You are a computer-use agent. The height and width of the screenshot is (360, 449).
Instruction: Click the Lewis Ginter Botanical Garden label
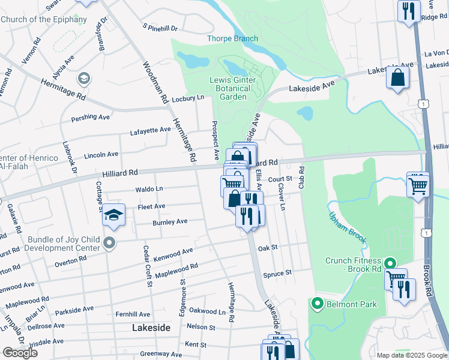(x=233, y=88)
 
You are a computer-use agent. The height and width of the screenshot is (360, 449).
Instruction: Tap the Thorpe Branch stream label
(x=232, y=39)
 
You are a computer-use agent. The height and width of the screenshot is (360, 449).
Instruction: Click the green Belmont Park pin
(x=318, y=304)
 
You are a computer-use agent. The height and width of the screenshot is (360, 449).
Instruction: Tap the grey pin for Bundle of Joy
(x=109, y=242)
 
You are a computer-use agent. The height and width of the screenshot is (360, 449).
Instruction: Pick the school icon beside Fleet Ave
(x=113, y=215)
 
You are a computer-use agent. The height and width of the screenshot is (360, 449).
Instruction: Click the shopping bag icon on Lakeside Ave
(x=397, y=77)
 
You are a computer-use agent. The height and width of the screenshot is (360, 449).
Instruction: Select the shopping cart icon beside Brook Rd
(x=417, y=184)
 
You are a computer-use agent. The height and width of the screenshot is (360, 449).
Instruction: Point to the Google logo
(x=20, y=353)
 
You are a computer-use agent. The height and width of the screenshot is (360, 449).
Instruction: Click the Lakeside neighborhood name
(x=151, y=328)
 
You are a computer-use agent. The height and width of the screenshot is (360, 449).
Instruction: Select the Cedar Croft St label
(x=145, y=266)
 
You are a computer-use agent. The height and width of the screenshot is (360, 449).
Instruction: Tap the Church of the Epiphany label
(x=44, y=19)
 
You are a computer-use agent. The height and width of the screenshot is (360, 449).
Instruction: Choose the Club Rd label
(x=301, y=178)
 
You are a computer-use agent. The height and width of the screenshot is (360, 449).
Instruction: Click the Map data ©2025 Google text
(x=412, y=355)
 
